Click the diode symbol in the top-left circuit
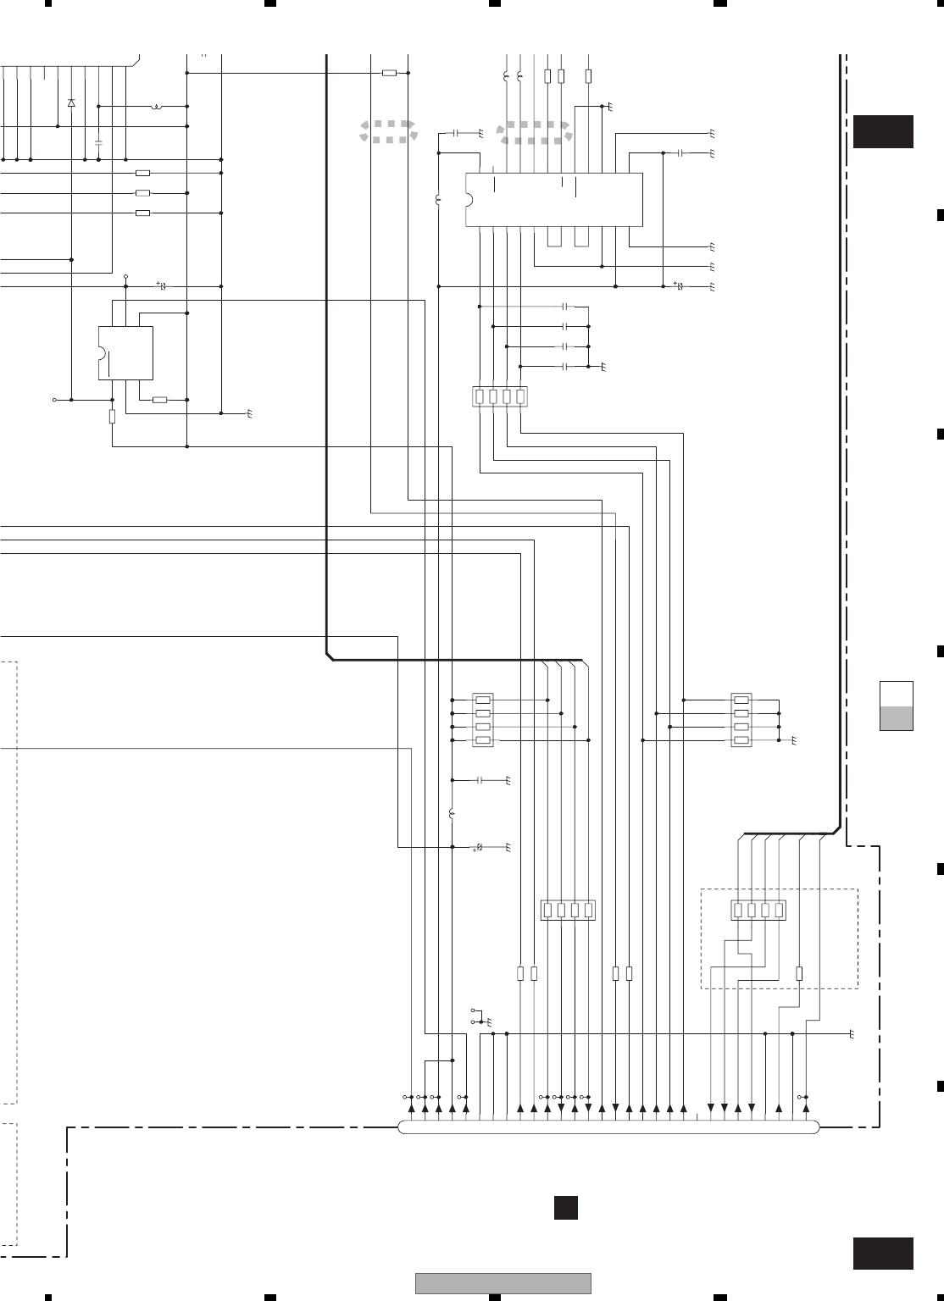[x=71, y=102]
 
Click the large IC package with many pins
[x=554, y=200]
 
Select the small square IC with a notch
[x=126, y=352]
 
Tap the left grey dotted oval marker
[x=388, y=130]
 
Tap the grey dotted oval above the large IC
[x=535, y=132]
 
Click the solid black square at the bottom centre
[x=566, y=1207]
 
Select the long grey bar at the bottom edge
[x=503, y=1284]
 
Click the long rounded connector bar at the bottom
[x=608, y=1127]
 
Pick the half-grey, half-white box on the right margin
[x=897, y=705]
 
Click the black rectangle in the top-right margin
[x=883, y=131]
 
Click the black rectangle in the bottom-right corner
[x=883, y=1253]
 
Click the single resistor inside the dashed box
[x=799, y=974]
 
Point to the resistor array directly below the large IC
[x=499, y=396]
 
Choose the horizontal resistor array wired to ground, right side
[x=741, y=720]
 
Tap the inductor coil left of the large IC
[x=439, y=201]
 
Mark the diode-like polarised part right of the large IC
[x=679, y=286]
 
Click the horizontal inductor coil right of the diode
[x=158, y=107]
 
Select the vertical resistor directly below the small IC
[x=112, y=416]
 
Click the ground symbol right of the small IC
[x=250, y=415]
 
